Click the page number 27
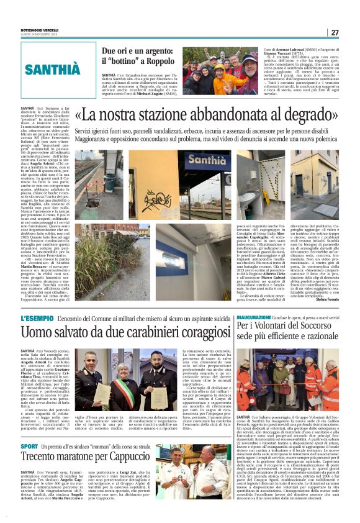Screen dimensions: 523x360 (335, 32)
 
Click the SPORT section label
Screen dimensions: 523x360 (29, 446)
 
